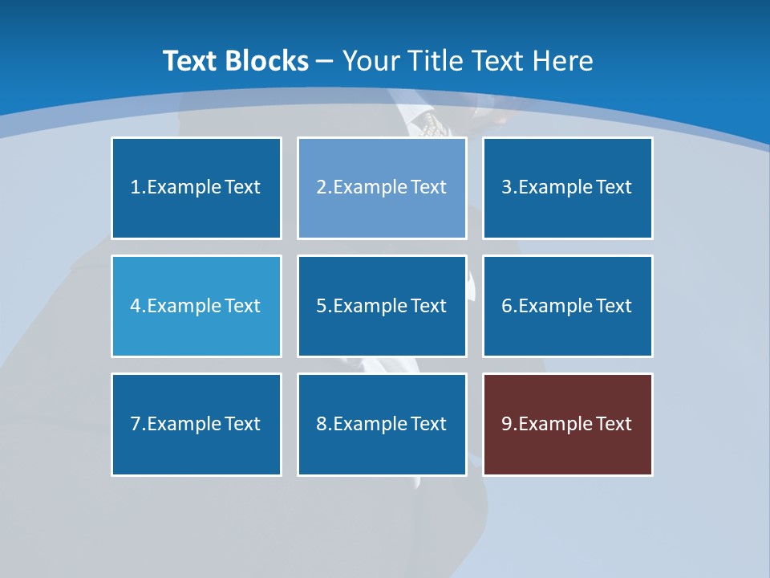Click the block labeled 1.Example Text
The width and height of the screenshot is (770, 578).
point(197,188)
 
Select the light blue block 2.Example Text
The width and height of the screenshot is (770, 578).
point(382,188)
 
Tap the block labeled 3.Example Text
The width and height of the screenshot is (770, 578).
point(567,188)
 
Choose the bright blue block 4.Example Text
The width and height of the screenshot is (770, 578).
point(197,306)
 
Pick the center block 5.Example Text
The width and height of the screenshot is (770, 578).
point(382,306)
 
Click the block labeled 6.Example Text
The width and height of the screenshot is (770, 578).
point(567,306)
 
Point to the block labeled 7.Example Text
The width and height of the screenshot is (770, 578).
point(197,424)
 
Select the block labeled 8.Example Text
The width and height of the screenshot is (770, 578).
point(382,424)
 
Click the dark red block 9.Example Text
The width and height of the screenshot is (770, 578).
point(567,424)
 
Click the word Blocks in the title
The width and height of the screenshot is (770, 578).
point(268,61)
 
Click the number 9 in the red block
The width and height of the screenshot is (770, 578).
point(507,424)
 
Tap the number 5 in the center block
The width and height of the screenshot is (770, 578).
point(321,306)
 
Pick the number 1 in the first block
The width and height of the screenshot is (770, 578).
point(136,188)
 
